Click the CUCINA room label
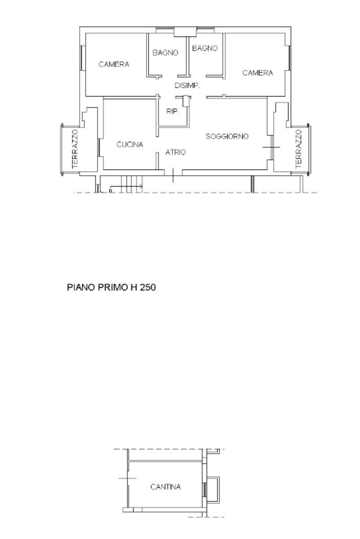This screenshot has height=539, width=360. [x=130, y=145]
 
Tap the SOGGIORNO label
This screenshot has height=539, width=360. [x=227, y=136]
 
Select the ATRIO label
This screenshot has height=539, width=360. [x=176, y=152]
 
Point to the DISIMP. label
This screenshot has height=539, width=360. [x=188, y=85]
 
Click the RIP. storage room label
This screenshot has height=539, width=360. [x=173, y=111]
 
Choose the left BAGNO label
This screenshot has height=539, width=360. [x=166, y=53]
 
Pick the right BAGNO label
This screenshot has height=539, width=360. [x=205, y=48]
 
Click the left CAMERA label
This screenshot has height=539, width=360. [x=114, y=64]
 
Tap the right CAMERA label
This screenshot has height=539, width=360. [x=258, y=73]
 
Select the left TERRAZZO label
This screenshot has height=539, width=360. [x=75, y=149]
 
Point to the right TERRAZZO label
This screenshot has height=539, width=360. [x=298, y=149]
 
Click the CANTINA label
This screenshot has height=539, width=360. [x=166, y=487]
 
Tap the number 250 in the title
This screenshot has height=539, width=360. [x=148, y=287]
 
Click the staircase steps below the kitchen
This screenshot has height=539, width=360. [x=130, y=184]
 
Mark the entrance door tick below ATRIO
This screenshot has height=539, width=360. [x=172, y=175]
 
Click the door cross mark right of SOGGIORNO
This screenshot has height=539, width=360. [x=271, y=147]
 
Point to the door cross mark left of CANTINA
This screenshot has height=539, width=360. [x=128, y=478]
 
